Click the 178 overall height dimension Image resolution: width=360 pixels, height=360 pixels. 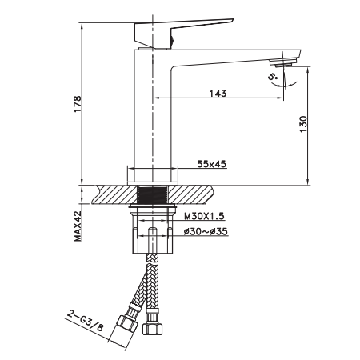(78, 104)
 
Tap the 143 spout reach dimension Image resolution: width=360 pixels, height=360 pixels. (218, 94)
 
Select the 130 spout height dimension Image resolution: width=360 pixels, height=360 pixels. (303, 124)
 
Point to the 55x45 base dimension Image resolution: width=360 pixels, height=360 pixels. (211, 164)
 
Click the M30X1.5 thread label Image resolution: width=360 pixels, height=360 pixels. (205, 216)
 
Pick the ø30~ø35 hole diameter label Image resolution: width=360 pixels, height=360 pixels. (206, 231)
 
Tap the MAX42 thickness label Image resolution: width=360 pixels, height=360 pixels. (78, 226)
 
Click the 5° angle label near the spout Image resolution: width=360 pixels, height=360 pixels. (273, 77)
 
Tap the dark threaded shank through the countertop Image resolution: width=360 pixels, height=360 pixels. (153, 195)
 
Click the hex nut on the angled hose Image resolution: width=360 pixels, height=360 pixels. (127, 323)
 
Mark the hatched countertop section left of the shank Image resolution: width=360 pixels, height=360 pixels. (115, 194)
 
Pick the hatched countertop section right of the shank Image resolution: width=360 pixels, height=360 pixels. (190, 194)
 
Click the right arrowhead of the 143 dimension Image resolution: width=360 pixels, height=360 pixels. (281, 98)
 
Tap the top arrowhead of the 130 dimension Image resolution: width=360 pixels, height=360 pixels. (308, 70)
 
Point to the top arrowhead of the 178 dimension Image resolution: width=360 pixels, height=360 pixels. (82, 26)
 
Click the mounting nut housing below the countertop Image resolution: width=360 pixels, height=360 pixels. (153, 230)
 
